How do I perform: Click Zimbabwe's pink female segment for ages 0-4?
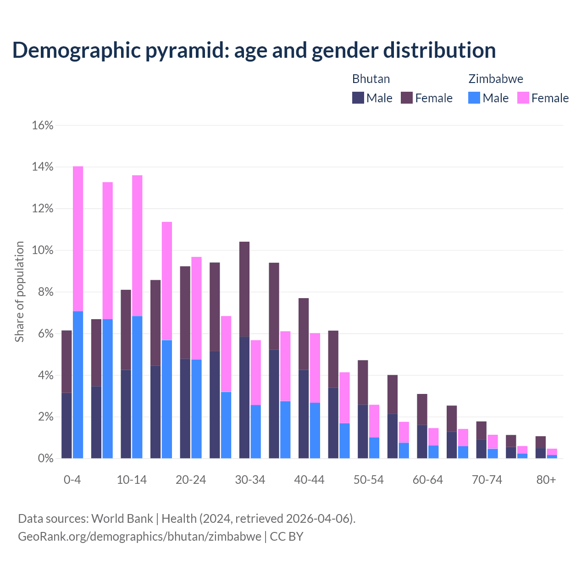point(78,238)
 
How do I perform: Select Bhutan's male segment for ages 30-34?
point(244,397)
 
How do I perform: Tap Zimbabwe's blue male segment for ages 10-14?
point(137,387)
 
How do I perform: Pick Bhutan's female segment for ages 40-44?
point(304,333)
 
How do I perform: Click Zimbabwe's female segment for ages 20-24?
point(196,308)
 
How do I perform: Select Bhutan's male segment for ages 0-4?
point(66,425)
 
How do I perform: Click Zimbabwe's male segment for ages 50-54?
point(374,448)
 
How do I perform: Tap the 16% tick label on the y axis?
point(43,125)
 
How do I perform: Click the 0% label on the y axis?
point(45,459)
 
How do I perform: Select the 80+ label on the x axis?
point(546,480)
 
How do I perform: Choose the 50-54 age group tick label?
point(369,480)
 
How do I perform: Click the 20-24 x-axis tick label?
point(191,480)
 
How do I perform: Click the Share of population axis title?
point(20,292)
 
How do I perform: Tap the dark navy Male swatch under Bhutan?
point(358,98)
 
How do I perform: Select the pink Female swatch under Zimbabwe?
point(523,98)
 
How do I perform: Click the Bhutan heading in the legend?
point(371,79)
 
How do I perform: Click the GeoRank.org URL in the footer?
point(139,536)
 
